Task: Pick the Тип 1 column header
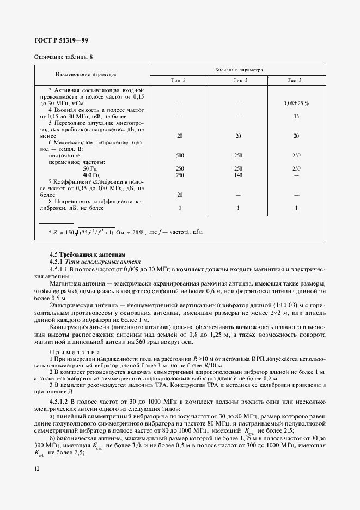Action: tap(179, 81)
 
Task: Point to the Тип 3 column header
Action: tap(295, 81)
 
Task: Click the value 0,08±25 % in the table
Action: tap(296, 102)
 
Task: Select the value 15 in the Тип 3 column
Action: tap(296, 116)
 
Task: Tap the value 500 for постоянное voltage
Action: tap(180, 155)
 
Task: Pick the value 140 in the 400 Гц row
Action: tap(238, 175)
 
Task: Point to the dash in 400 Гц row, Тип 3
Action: tap(296, 175)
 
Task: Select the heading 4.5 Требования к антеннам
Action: tap(87, 254)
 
